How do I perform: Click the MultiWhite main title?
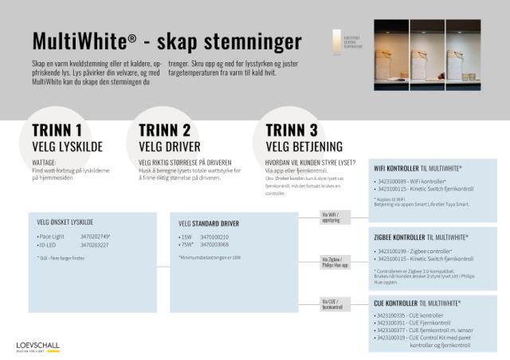point(167,41)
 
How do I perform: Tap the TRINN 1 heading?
point(57,131)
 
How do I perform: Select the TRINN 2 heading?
point(164,131)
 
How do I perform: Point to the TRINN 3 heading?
point(292,131)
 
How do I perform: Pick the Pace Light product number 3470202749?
point(95,237)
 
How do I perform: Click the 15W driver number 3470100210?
point(214,237)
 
